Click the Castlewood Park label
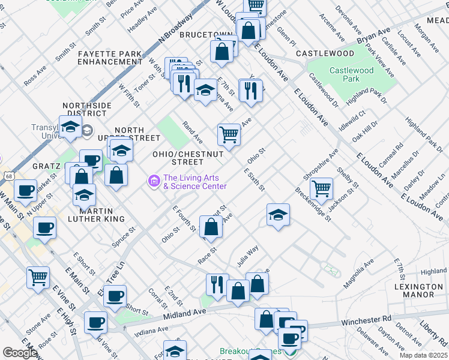coord(352,74)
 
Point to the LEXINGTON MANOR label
coord(415,290)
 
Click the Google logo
coord(20,353)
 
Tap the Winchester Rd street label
coord(366,321)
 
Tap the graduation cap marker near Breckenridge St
coord(279,215)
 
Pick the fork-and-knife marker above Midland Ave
coord(217,285)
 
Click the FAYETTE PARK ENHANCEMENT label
coord(110,58)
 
